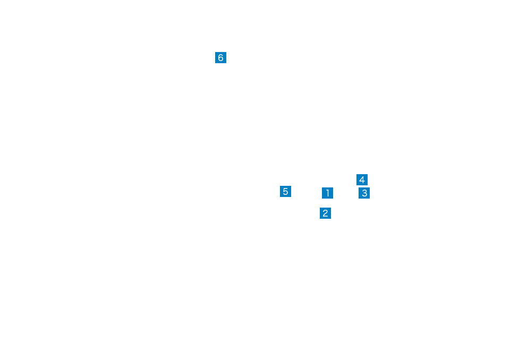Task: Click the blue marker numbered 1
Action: pyautogui.click(x=328, y=193)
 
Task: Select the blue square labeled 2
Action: pyautogui.click(x=325, y=213)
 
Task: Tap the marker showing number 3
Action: pyautogui.click(x=364, y=193)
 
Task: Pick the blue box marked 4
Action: pyautogui.click(x=362, y=179)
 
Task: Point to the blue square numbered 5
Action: pyautogui.click(x=286, y=192)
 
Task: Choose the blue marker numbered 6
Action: pyautogui.click(x=220, y=57)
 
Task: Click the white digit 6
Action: pyautogui.click(x=220, y=57)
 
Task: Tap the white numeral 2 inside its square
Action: pyautogui.click(x=325, y=213)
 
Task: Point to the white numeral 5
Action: pyautogui.click(x=286, y=192)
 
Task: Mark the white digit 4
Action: pyautogui.click(x=362, y=179)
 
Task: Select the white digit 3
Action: pyautogui.click(x=364, y=193)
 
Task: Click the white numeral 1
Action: pyautogui.click(x=328, y=193)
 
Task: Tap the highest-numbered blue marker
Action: pyautogui.click(x=220, y=57)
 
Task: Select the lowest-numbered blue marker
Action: pyautogui.click(x=328, y=193)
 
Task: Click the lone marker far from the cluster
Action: pyautogui.click(x=220, y=57)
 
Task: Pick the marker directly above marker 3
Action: pyautogui.click(x=362, y=179)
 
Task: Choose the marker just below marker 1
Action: pyautogui.click(x=325, y=213)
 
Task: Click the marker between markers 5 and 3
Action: pyautogui.click(x=328, y=193)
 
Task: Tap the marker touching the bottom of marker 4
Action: pyautogui.click(x=364, y=193)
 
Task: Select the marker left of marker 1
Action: pyautogui.click(x=286, y=192)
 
